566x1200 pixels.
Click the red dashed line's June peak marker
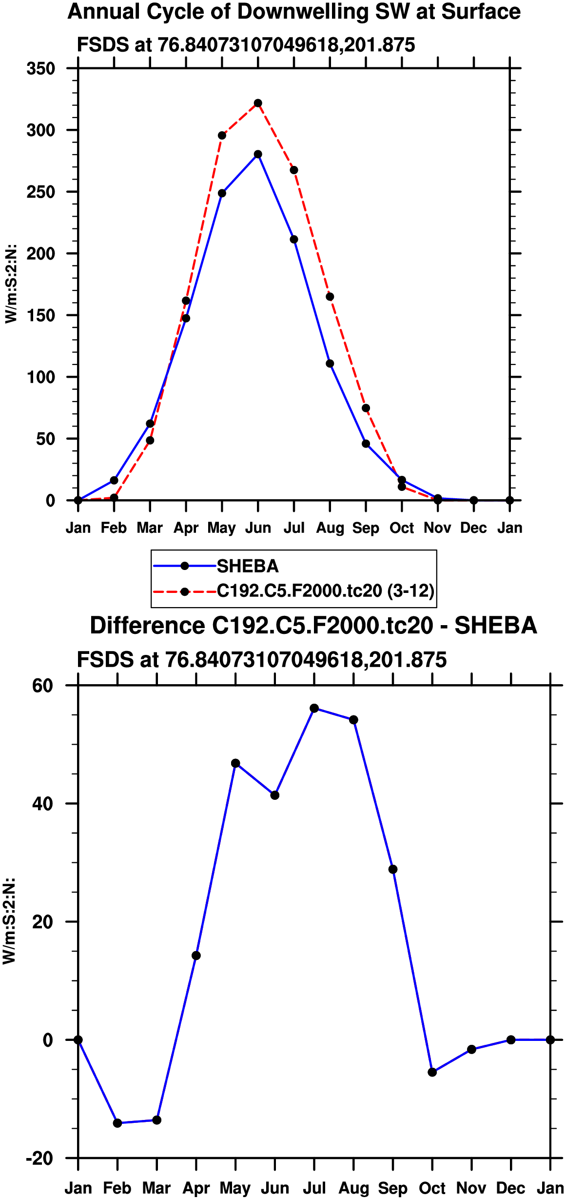click(258, 103)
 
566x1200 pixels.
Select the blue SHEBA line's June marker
click(258, 154)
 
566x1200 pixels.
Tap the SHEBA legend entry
click(247, 566)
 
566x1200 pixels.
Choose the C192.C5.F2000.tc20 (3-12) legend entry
click(325, 591)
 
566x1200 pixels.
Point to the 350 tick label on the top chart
click(41, 69)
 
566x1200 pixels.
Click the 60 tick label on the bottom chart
click(42, 686)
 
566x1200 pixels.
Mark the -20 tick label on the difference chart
click(39, 1159)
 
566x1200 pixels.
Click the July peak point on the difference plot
click(314, 708)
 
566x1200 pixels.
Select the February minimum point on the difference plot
click(117, 1123)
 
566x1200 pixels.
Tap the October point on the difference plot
click(432, 1072)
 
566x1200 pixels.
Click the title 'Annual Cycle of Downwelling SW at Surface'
click(294, 12)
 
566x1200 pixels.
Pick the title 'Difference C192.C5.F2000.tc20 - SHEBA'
click(313, 626)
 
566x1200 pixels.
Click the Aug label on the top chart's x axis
click(330, 528)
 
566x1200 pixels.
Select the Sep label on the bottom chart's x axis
click(393, 1188)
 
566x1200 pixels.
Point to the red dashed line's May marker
click(222, 136)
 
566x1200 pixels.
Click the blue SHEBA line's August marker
click(330, 364)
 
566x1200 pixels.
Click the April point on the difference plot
click(196, 956)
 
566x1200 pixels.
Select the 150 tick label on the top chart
click(41, 316)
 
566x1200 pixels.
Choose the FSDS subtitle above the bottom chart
click(262, 660)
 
